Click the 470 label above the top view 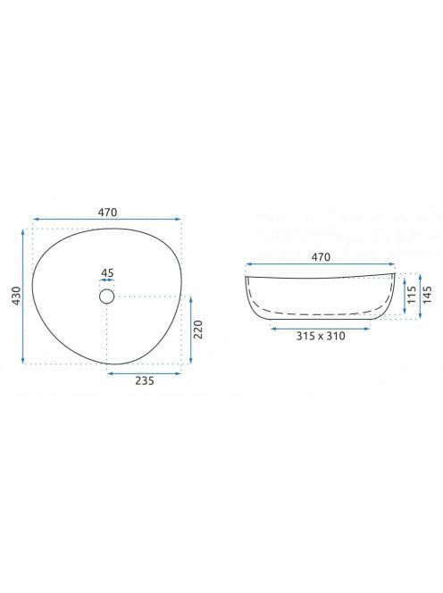[107, 213]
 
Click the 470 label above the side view [321, 257]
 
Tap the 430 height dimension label [16, 296]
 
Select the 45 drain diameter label [107, 272]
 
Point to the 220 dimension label [198, 330]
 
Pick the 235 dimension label [145, 380]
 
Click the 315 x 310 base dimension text [321, 336]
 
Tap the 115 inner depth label [412, 295]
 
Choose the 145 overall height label [427, 295]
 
